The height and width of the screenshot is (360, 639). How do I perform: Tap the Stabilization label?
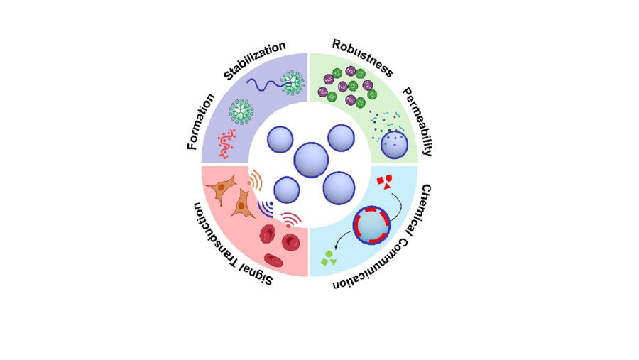(254, 60)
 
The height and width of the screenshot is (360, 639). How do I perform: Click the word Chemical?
(429, 206)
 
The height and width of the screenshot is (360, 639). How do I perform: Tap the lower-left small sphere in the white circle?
(287, 190)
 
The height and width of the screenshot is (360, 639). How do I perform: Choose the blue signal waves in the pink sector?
(266, 208)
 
